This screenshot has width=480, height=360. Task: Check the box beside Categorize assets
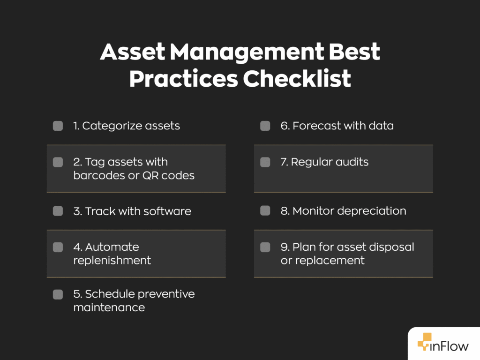click(x=58, y=126)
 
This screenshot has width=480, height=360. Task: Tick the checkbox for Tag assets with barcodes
click(x=58, y=162)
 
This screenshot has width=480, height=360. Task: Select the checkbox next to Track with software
click(x=58, y=211)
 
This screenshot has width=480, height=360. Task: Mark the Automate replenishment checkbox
click(x=58, y=247)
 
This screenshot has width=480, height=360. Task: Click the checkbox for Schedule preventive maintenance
click(x=58, y=294)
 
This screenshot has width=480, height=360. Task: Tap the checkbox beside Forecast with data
click(x=265, y=126)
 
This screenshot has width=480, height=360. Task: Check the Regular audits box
click(x=265, y=162)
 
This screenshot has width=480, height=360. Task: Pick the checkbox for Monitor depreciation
click(x=265, y=211)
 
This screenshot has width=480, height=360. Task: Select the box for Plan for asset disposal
click(x=265, y=247)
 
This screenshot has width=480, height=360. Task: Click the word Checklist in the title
click(x=297, y=79)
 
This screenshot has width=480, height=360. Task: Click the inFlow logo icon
click(x=425, y=342)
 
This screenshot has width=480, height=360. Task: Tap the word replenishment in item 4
click(x=112, y=260)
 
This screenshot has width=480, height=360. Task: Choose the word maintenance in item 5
click(x=109, y=307)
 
